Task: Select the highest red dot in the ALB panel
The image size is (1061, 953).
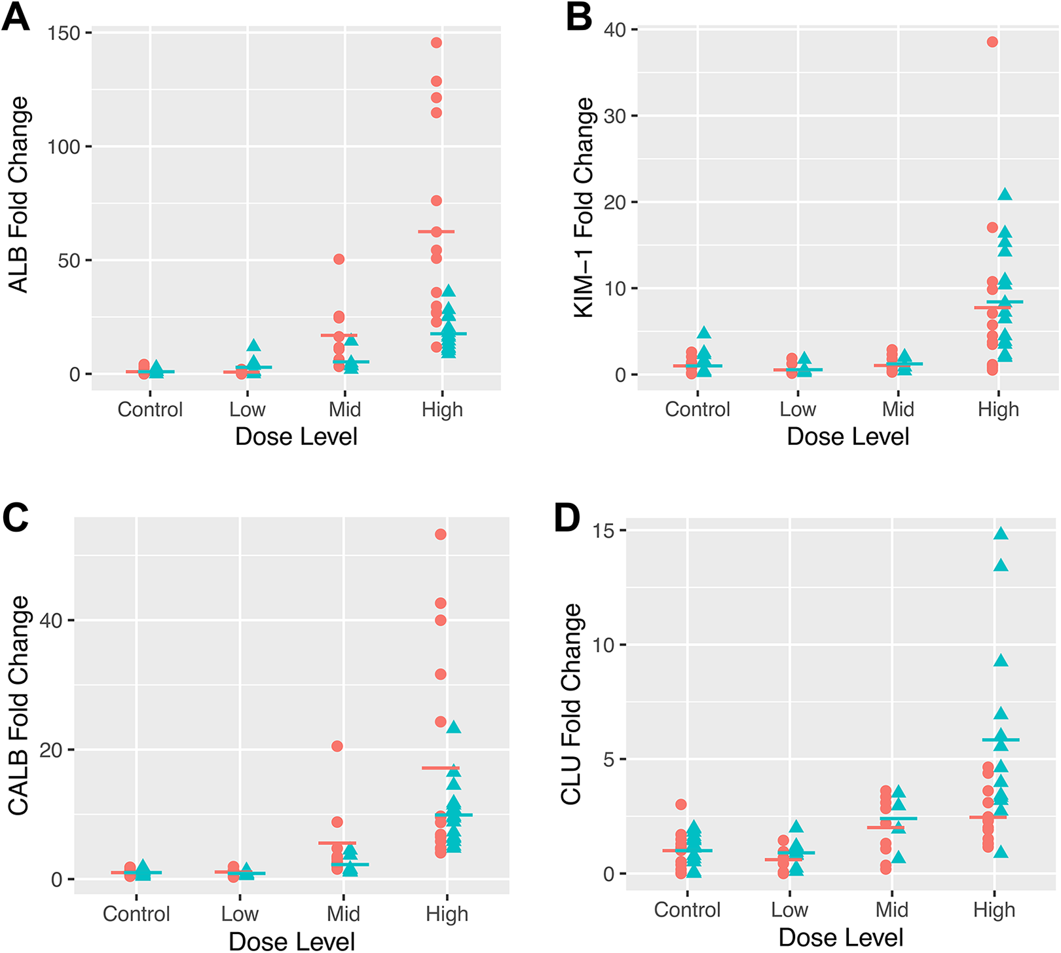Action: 436,43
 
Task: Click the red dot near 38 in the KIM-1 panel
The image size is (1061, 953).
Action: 992,42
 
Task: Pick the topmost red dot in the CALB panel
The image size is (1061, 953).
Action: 441,534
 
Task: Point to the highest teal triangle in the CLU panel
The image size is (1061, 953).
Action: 1001,533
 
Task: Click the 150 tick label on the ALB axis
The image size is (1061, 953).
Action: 64,33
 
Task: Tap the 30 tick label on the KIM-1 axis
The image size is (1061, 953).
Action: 615,116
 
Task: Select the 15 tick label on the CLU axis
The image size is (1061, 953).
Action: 604,530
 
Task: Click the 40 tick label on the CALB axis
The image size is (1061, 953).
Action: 51,620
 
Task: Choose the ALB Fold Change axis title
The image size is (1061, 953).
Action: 18,195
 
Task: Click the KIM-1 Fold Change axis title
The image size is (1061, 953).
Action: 584,208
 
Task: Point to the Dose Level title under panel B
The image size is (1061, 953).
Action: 848,436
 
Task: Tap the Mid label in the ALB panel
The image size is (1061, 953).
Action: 344,409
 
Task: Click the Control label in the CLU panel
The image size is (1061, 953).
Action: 687,909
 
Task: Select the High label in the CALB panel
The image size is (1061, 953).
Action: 447,914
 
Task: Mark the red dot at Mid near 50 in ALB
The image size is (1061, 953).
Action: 339,259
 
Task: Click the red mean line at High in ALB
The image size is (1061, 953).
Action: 436,232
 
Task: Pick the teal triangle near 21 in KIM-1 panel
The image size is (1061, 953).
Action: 1005,194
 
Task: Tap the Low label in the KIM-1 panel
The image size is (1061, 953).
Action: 798,409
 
